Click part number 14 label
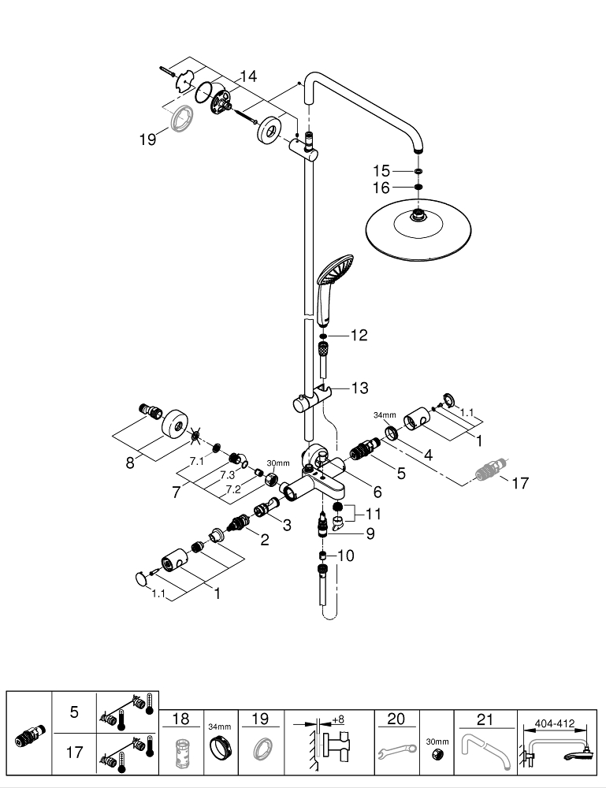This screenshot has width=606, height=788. [248, 76]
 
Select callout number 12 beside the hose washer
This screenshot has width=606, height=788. [359, 336]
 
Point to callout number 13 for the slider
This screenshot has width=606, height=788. [359, 388]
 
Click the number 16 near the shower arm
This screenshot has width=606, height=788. [381, 188]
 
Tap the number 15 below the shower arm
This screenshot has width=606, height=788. [381, 170]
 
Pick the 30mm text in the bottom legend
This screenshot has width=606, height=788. [436, 742]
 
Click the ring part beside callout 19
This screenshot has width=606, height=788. [180, 116]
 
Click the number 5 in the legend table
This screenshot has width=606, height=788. [74, 712]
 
